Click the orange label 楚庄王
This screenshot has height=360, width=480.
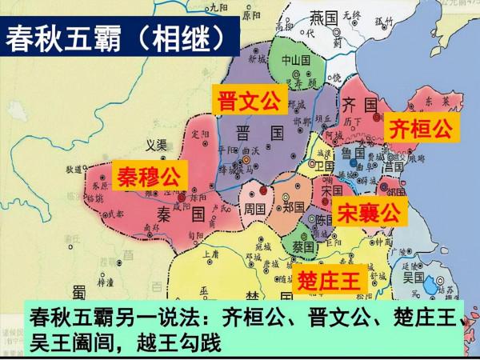coord(326,279)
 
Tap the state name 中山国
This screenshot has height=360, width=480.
coord(287,61)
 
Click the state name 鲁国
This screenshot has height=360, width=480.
coord(353,152)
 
